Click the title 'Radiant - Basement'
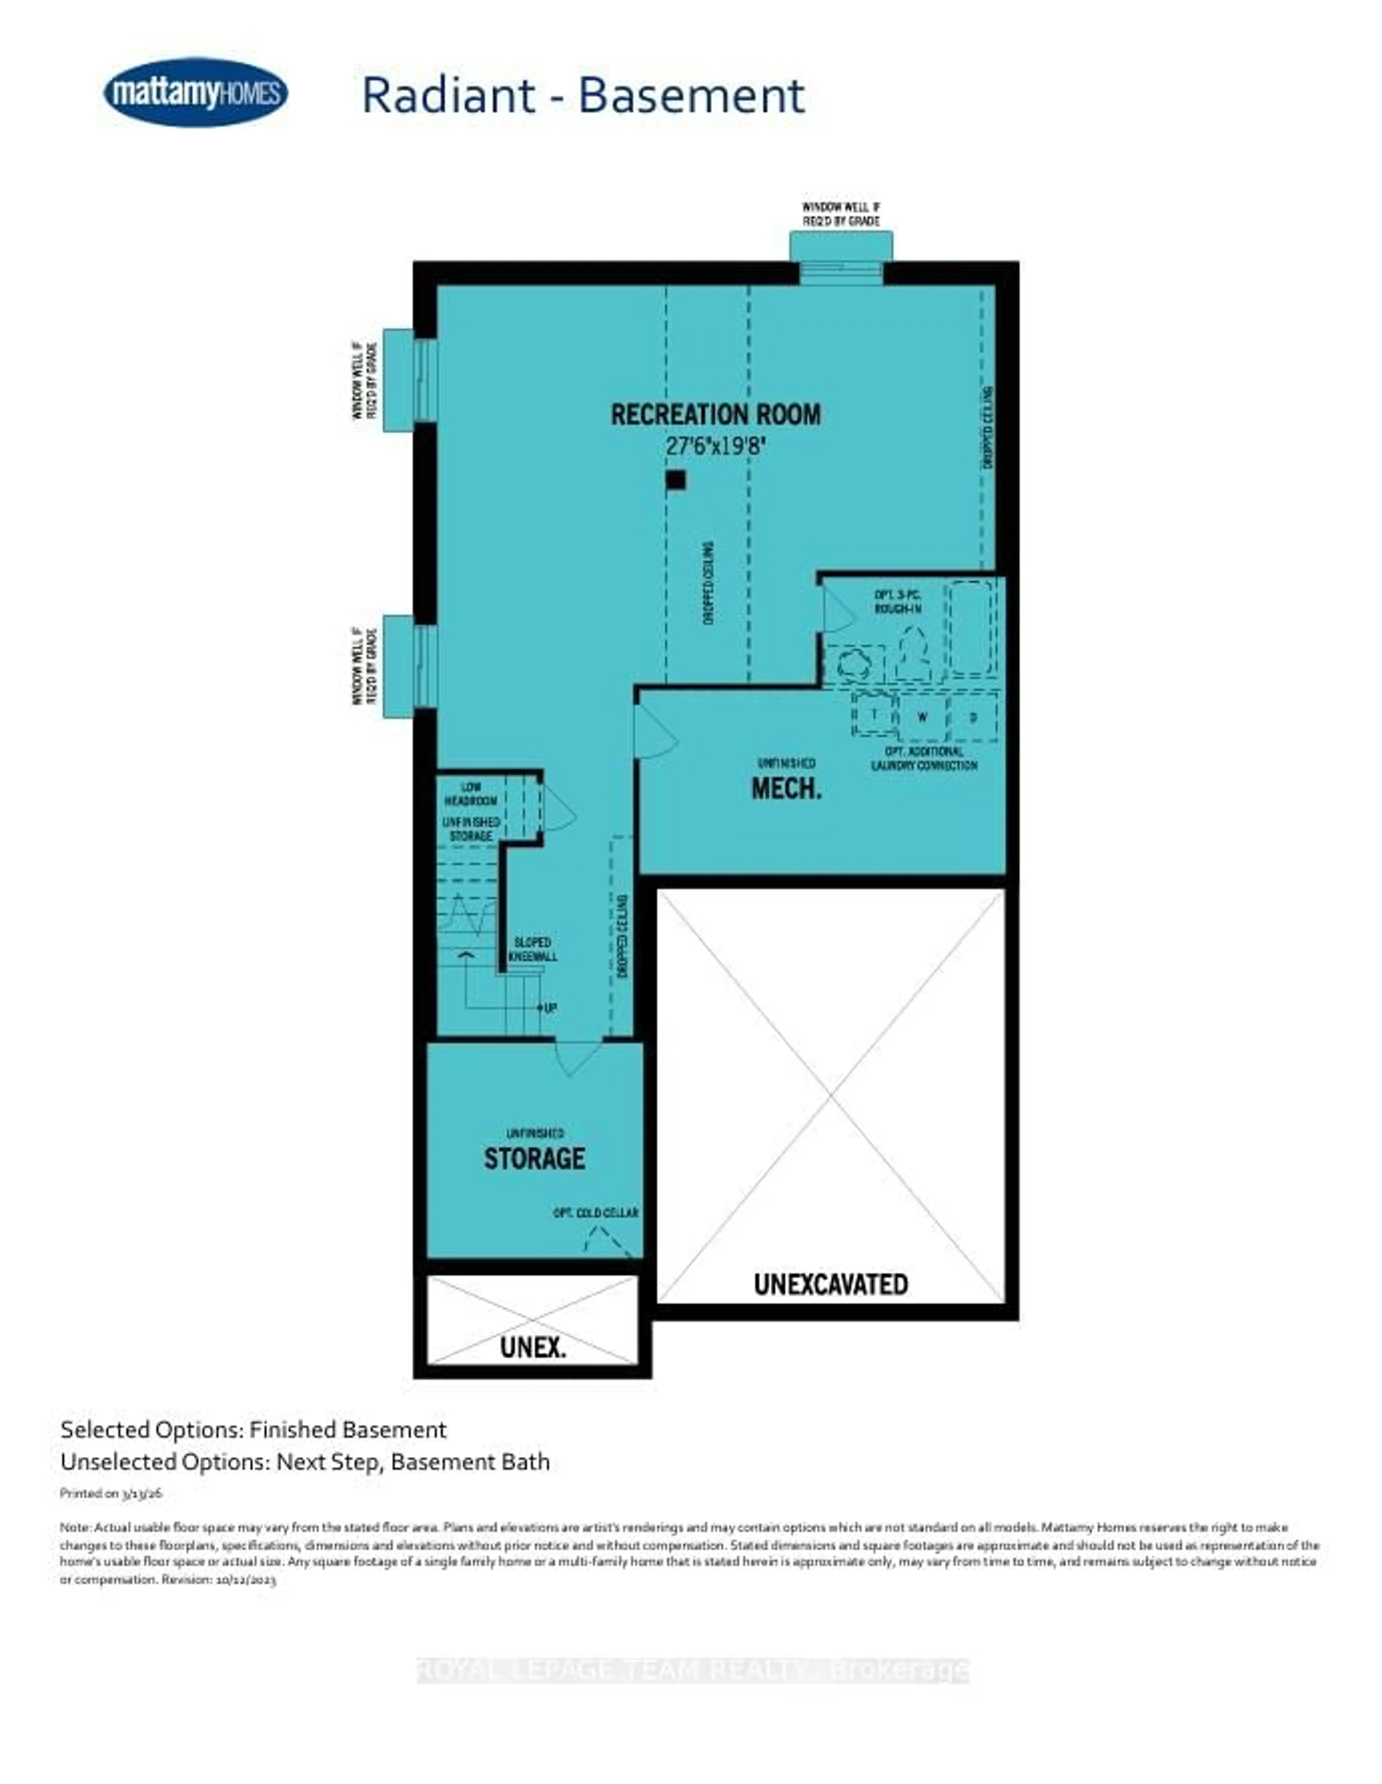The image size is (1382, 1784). pyautogui.click(x=583, y=96)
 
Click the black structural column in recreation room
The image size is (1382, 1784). pyautogui.click(x=675, y=480)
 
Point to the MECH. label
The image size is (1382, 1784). pyautogui.click(x=786, y=788)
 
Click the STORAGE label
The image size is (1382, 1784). pyautogui.click(x=534, y=1158)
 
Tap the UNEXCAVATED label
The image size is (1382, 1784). pyautogui.click(x=830, y=1284)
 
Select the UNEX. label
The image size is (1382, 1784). pyautogui.click(x=533, y=1347)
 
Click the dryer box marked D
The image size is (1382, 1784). pyautogui.click(x=972, y=717)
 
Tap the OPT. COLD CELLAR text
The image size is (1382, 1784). pyautogui.click(x=595, y=1213)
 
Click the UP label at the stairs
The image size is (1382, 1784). pyautogui.click(x=550, y=1008)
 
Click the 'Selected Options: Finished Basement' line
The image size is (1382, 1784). pyautogui.click(x=253, y=1430)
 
